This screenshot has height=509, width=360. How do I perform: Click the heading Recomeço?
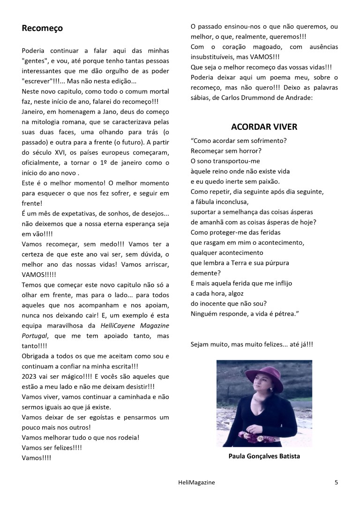point(42,29)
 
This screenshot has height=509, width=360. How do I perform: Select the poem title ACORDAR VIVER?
point(264,127)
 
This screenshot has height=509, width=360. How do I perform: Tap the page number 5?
point(336,482)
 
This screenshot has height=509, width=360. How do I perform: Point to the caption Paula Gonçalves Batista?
point(264,456)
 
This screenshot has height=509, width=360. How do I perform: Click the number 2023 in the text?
point(30,376)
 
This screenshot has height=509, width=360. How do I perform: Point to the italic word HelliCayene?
point(117,325)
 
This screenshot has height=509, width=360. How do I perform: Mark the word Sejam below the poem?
point(201,344)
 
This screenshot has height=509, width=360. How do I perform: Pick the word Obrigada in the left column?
point(36,356)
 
